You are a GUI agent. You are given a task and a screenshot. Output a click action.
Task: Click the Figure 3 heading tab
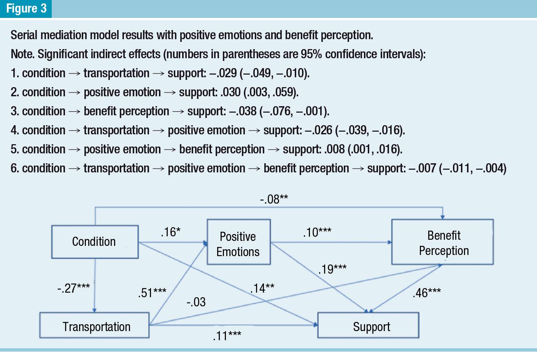tap(26, 8)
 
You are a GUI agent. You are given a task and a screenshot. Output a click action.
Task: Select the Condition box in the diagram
tap(94, 242)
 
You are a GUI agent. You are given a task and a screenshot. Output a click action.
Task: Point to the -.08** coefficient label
tap(273, 199)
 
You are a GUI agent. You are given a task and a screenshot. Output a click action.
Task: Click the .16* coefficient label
tap(170, 231)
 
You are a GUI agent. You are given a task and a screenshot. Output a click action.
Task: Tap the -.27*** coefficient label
tap(73, 288)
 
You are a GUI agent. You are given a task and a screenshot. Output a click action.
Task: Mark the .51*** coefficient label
tap(152, 292)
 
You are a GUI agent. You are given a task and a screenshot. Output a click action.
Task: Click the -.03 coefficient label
tap(196, 302)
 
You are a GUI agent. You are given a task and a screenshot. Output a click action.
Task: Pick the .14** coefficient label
tap(262, 288)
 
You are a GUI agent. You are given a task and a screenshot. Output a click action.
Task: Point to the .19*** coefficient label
tap(332, 269)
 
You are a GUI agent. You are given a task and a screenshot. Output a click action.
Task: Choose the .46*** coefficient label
tap(426, 293)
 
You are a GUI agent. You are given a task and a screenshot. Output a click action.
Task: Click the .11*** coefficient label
tap(227, 336)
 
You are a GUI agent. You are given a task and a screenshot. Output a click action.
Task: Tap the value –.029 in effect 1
tap(223, 73)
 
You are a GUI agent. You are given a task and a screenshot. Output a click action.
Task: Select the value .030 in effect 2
tap(230, 92)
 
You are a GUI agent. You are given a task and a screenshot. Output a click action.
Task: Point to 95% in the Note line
tap(311, 54)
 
